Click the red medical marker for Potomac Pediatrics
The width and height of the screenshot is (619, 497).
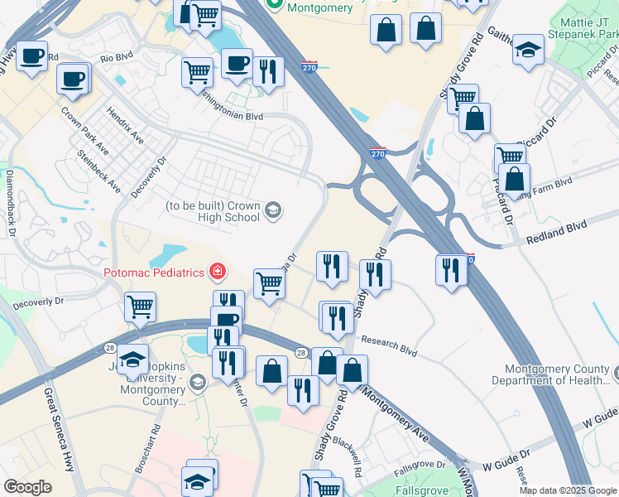pyautogui.click(x=218, y=271)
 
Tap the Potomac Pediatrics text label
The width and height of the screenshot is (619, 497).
pyautogui.click(x=156, y=272)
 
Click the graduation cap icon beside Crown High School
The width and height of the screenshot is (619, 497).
pyautogui.click(x=273, y=212)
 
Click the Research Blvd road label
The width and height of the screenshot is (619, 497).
pyautogui.click(x=387, y=345)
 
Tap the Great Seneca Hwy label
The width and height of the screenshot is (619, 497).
pyautogui.click(x=60, y=430)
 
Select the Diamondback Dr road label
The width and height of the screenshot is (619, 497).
pyautogui.click(x=11, y=203)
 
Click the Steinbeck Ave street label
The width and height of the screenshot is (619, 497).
pyautogui.click(x=98, y=171)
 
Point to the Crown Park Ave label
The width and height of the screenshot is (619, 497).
pyautogui.click(x=84, y=130)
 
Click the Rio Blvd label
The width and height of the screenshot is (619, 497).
pyautogui.click(x=117, y=59)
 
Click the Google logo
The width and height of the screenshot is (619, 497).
pyautogui.click(x=28, y=487)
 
